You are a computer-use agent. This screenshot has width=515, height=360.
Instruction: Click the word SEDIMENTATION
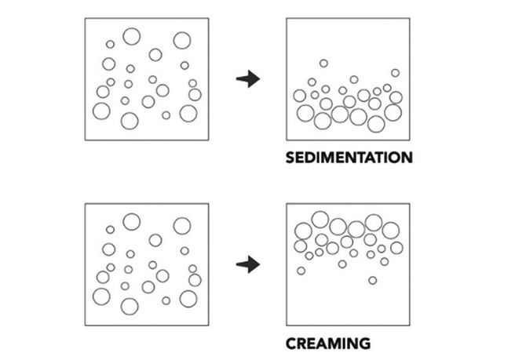[349, 157]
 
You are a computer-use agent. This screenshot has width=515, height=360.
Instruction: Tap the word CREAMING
[327, 343]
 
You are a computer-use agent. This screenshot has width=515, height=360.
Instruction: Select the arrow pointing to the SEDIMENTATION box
[248, 78]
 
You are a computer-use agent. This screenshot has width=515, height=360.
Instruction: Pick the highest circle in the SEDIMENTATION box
[323, 63]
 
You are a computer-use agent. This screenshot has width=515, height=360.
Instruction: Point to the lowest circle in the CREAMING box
[372, 280]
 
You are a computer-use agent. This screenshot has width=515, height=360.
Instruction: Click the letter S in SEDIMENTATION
[290, 157]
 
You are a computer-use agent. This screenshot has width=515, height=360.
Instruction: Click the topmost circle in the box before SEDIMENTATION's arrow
[131, 35]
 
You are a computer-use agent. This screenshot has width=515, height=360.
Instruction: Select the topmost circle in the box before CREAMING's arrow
[131, 222]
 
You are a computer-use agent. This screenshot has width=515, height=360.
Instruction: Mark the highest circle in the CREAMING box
[320, 218]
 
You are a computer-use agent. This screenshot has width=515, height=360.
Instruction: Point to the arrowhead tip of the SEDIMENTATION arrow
[259, 78]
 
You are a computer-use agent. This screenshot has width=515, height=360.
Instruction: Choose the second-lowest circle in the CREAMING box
[301, 271]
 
